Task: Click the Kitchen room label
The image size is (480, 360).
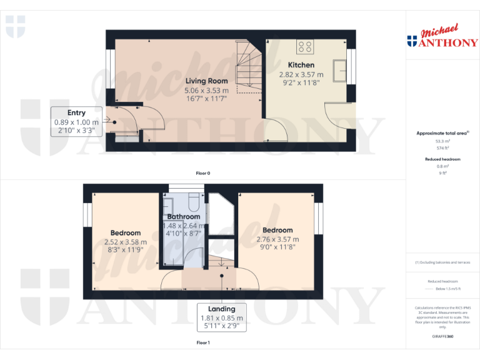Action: point(301,65)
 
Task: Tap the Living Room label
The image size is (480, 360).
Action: point(206,81)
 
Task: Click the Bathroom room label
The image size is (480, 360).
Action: point(183,216)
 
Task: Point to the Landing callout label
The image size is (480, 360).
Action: point(222,309)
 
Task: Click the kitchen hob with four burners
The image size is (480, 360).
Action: point(306,46)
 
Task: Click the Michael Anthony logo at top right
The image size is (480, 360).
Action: point(442,37)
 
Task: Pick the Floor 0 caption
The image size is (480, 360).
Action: point(203,172)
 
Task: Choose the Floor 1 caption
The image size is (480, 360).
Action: point(203,342)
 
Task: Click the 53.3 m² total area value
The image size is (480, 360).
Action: point(442,142)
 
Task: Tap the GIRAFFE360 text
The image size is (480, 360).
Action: point(442,336)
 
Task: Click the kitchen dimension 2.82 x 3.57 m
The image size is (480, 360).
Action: point(301,74)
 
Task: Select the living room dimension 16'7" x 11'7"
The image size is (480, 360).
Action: point(206,99)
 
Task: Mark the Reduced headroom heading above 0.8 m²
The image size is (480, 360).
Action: point(442,159)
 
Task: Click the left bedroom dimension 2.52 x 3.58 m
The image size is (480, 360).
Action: point(126,242)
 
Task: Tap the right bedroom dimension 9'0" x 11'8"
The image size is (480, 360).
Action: point(277,247)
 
